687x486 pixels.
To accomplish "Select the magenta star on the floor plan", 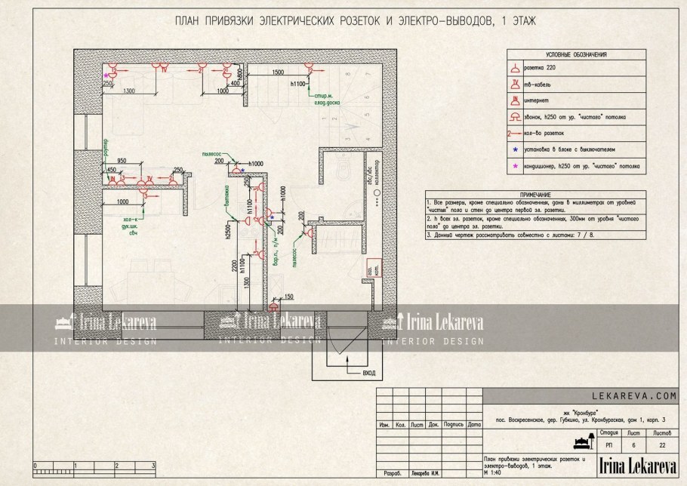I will coord(107,75).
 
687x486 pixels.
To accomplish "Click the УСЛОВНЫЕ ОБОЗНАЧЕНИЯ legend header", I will coord(576,55).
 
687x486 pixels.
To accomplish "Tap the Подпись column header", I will coord(454,424).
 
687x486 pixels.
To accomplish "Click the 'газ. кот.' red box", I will coord(372,267).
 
